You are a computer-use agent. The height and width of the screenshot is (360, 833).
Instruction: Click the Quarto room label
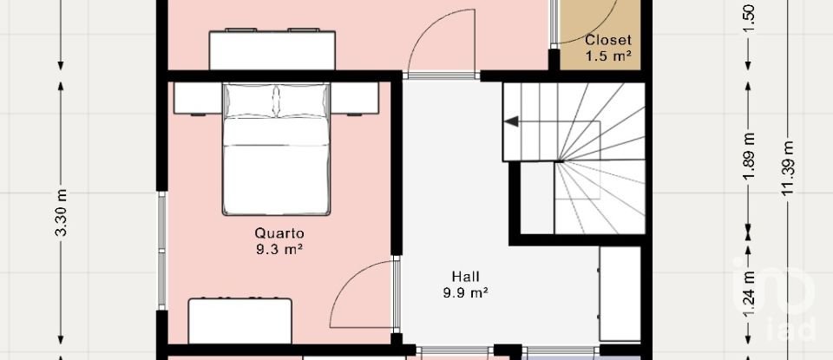point(279,232)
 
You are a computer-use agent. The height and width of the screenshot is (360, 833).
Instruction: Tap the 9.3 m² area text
point(279,249)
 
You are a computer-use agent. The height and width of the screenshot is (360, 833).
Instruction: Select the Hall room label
point(464,277)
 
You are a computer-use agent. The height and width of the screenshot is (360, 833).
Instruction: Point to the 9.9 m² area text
point(464,293)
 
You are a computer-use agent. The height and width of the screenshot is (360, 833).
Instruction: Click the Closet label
point(607,40)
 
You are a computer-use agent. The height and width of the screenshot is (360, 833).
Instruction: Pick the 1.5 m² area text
point(607,56)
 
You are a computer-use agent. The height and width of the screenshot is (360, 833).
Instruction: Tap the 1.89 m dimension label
point(749,160)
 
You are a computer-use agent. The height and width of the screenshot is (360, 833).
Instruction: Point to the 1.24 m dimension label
point(749,293)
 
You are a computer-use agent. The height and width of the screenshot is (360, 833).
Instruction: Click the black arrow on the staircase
point(513,121)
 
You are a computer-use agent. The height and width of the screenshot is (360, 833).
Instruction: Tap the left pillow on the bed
point(250,101)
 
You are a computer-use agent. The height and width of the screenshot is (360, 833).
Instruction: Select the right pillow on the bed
point(303,101)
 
